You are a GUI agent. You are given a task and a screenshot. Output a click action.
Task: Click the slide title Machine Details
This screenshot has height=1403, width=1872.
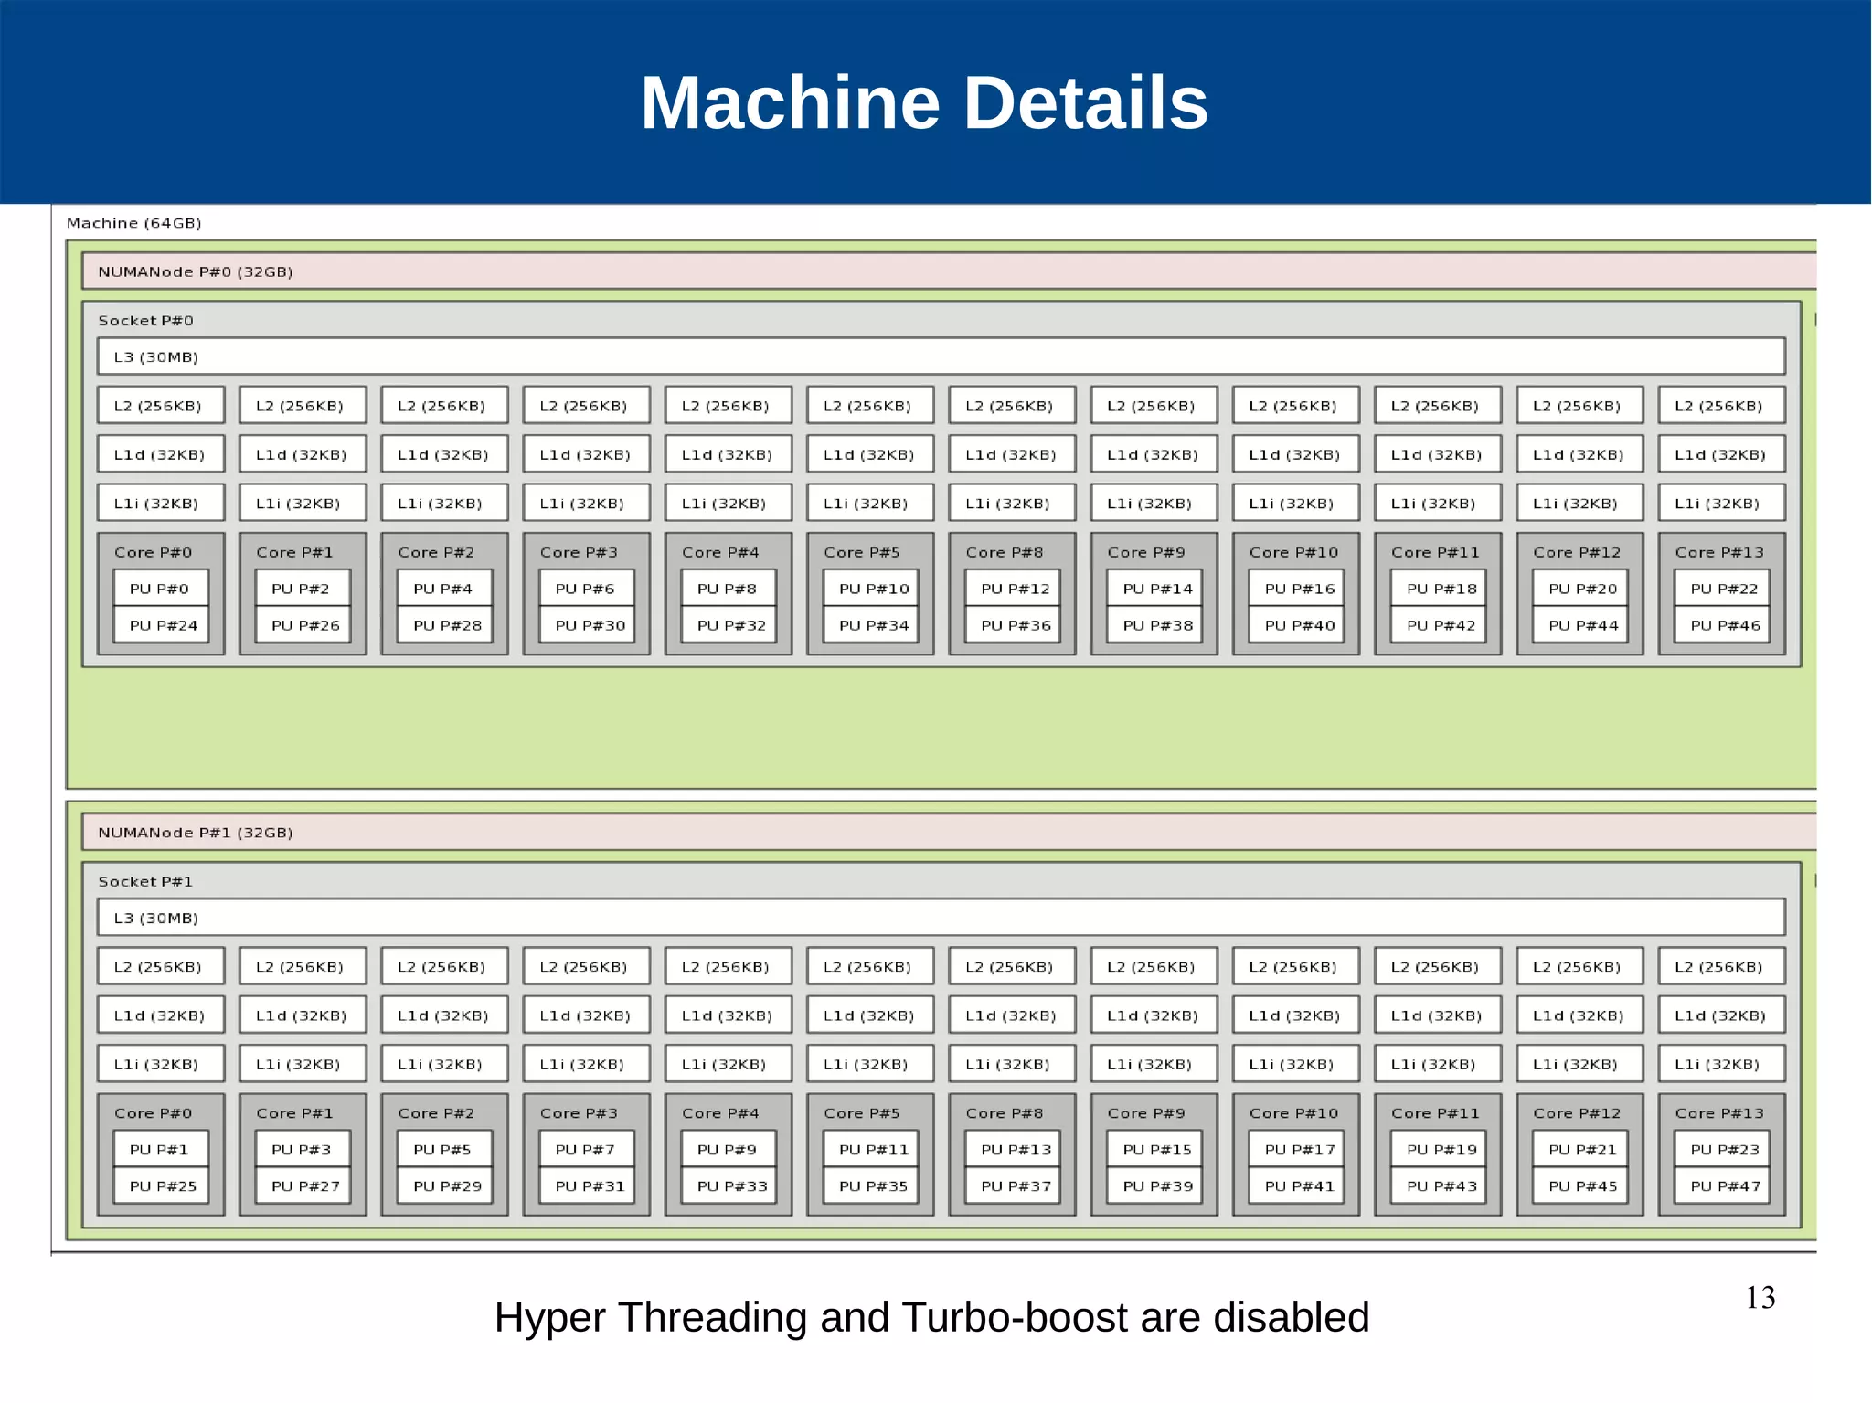click(x=924, y=102)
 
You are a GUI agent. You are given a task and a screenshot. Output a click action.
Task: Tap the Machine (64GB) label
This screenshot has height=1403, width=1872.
click(x=133, y=223)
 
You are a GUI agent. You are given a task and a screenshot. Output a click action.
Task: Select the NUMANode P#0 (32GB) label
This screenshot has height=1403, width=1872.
click(x=195, y=271)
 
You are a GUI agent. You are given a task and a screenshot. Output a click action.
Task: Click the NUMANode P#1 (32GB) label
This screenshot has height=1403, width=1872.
click(x=195, y=833)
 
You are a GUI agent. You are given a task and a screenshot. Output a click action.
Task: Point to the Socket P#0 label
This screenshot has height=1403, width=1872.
click(x=145, y=321)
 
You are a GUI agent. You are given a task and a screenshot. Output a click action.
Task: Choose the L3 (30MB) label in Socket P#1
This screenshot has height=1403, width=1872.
click(x=155, y=918)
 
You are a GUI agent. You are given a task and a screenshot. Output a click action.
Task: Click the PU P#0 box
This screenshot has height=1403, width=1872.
click(x=160, y=589)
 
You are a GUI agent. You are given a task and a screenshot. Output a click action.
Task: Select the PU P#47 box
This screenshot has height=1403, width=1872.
click(x=1724, y=1186)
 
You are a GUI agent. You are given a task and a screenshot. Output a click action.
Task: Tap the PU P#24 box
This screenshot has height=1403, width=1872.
click(x=163, y=625)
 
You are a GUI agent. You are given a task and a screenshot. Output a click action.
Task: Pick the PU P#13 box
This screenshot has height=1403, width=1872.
click(x=1015, y=1150)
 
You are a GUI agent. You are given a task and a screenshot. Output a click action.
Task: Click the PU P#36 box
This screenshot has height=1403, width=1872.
click(x=1015, y=625)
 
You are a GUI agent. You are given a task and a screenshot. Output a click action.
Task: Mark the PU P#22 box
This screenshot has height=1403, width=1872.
click(x=1724, y=589)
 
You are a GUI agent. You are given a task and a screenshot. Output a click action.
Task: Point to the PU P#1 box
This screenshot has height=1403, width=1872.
click(x=160, y=1150)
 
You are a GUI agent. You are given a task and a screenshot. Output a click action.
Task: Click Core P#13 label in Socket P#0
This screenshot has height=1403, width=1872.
click(x=1718, y=552)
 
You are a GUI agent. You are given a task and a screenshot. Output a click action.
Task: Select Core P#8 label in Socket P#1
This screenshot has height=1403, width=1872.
click(x=1004, y=1113)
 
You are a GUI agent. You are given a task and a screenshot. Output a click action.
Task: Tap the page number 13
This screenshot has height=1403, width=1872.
click(x=1760, y=1298)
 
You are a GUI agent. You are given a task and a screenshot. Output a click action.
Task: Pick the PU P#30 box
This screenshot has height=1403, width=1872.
click(x=590, y=625)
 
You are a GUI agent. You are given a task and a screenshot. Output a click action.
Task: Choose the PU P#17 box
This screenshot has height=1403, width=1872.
click(x=1299, y=1150)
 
